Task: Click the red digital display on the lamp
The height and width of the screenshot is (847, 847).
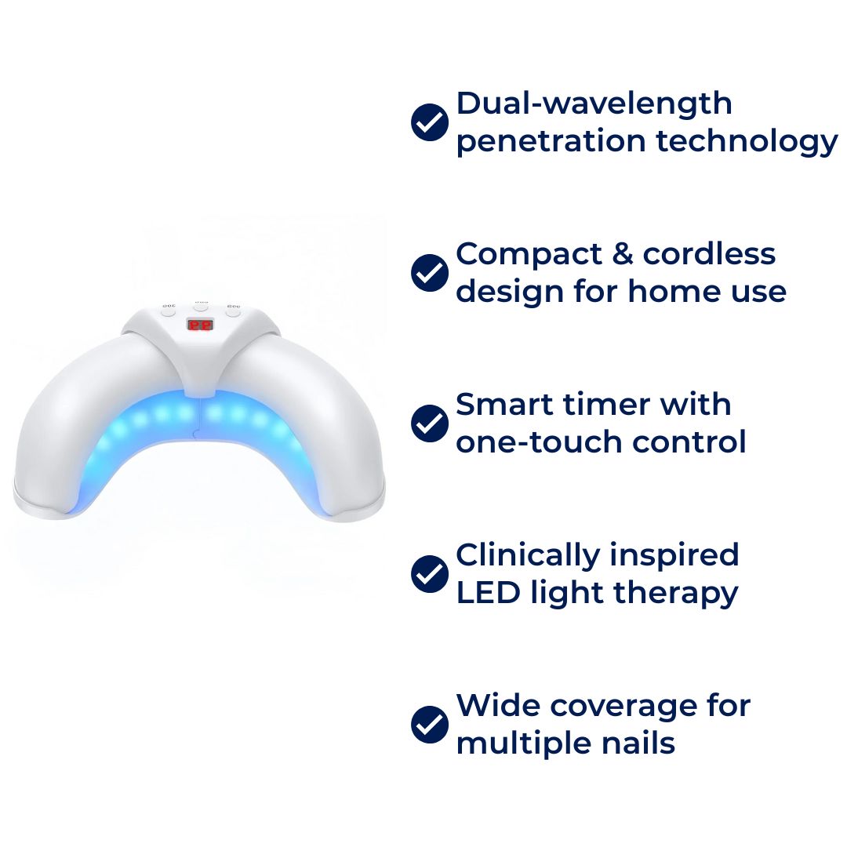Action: coord(200,325)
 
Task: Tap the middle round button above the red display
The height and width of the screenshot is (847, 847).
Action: coord(201,307)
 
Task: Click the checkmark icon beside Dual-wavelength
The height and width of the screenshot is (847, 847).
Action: coord(430,122)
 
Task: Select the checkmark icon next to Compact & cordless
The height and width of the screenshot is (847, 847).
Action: coord(430,273)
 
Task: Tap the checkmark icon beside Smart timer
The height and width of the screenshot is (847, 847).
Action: coord(430,423)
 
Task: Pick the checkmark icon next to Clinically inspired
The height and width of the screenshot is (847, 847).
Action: coord(430,573)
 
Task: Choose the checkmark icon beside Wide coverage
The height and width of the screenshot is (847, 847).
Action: coord(430,725)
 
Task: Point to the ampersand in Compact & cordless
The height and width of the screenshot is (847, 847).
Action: coord(622,254)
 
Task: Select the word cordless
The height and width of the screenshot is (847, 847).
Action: coord(709,253)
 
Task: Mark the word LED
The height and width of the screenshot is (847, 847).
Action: coord(489,592)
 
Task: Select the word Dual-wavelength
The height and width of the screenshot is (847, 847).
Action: coord(594,104)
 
